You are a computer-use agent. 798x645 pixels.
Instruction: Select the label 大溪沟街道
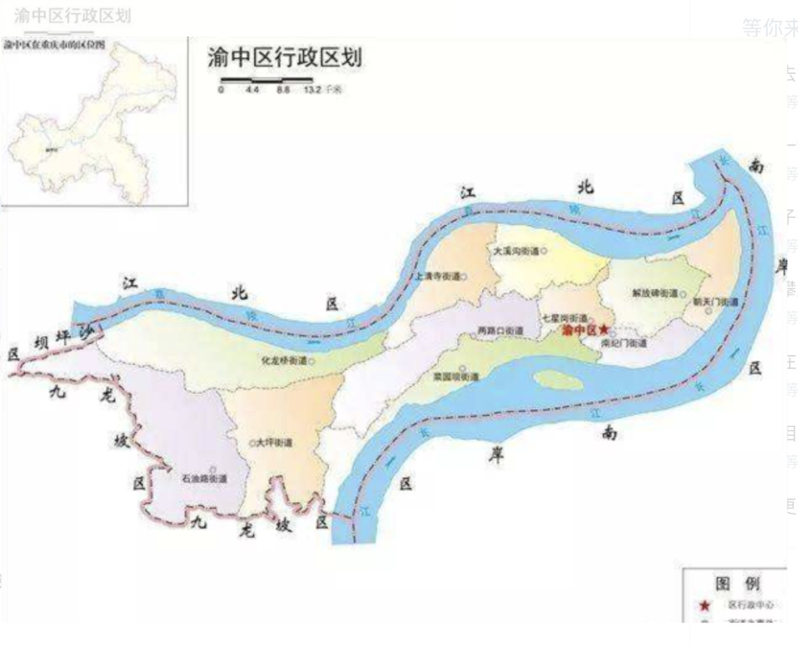[516, 252]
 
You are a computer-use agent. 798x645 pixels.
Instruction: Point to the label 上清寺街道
[437, 276]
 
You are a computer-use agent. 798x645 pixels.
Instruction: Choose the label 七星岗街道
[565, 318]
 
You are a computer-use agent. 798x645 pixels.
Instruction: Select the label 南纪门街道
[624, 344]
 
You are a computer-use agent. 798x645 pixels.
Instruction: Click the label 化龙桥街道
[285, 361]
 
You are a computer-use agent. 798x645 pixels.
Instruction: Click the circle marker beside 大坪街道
[251, 442]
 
